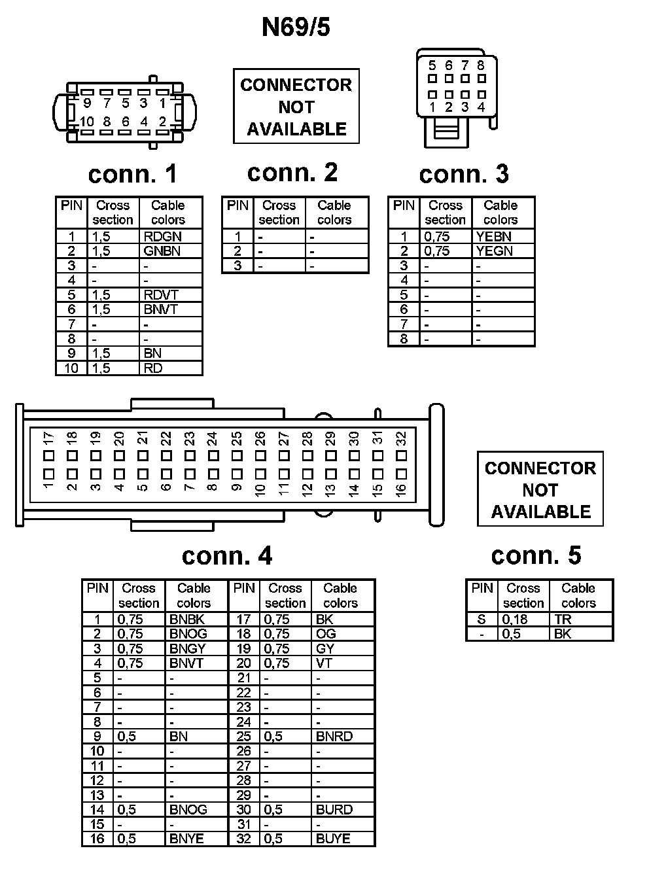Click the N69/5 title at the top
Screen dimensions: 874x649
[x=296, y=27]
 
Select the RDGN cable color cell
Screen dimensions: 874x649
[x=162, y=237]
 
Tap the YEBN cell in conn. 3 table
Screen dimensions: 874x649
[x=494, y=237]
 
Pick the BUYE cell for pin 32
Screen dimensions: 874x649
[x=333, y=839]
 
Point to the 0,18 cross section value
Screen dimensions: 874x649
[x=515, y=619]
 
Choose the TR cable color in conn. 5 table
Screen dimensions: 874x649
[x=563, y=619]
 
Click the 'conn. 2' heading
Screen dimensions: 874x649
[x=292, y=172]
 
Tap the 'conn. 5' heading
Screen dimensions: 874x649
[x=536, y=555]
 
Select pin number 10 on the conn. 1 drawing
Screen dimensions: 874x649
[x=87, y=122]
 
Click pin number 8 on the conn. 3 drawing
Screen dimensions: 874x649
[x=481, y=65]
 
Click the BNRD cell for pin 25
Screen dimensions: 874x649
[x=334, y=736]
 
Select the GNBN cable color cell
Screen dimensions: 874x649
[x=162, y=251]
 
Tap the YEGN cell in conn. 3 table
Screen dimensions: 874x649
[x=494, y=251]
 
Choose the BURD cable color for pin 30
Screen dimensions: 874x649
[x=334, y=809]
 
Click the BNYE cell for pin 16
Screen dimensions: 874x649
[x=186, y=839]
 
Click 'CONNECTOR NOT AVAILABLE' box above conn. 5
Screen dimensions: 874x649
[x=540, y=489]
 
